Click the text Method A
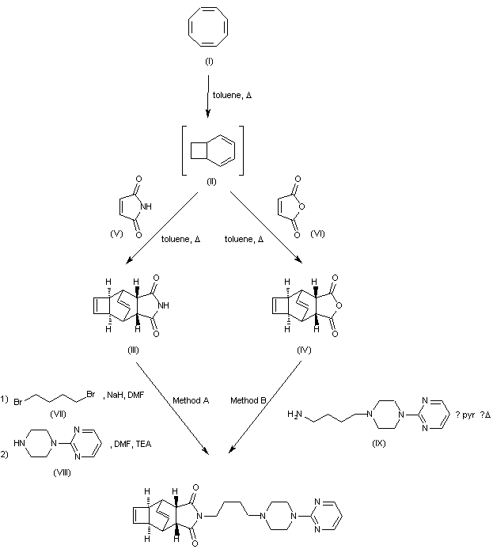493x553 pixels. pos(190,400)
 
